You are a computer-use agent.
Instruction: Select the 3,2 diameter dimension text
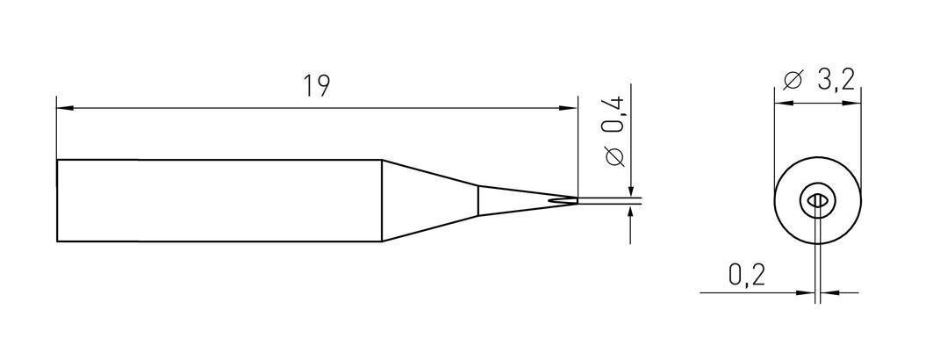(x=836, y=80)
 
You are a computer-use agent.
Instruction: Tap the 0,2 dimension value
(x=746, y=276)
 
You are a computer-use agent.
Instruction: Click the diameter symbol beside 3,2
(x=793, y=80)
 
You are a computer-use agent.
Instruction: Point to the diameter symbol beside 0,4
(x=614, y=155)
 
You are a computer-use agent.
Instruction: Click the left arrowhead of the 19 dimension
(x=64, y=108)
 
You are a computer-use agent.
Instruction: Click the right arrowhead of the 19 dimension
(x=569, y=108)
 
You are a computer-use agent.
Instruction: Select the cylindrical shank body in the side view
(x=219, y=200)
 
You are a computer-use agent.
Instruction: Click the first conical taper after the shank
(x=429, y=200)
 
